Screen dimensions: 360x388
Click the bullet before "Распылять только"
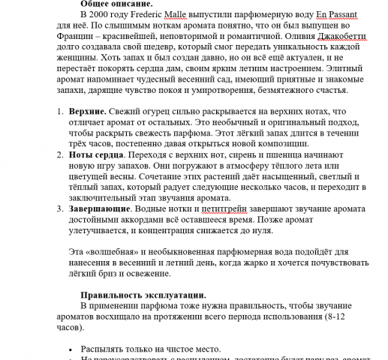pyautogui.click(x=71, y=349)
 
